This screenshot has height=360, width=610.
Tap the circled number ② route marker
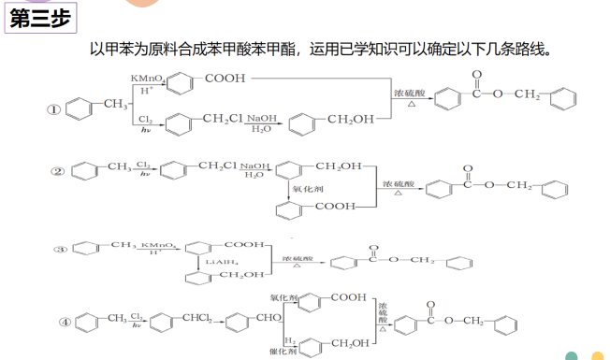(x=57, y=171)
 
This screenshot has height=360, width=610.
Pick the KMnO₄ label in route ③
(x=157, y=244)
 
